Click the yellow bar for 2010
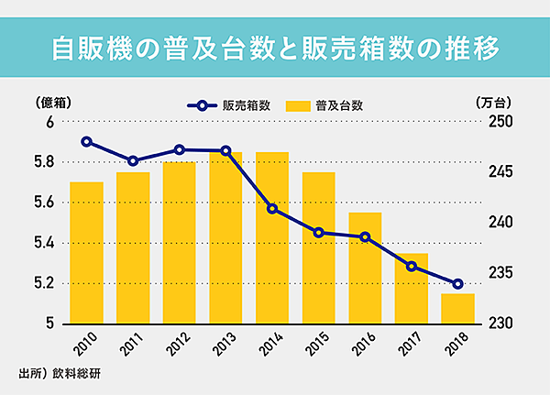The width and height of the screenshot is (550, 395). [86, 253]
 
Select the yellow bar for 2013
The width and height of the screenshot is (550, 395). [225, 238]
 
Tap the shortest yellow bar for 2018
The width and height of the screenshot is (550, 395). [457, 309]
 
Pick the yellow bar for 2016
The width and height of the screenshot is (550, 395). [365, 269]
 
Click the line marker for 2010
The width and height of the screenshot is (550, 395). [86, 142]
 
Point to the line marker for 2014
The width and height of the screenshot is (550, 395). [272, 209]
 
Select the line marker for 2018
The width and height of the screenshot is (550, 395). [457, 283]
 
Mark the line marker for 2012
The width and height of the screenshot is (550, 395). [180, 149]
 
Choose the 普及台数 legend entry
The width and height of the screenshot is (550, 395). [324, 105]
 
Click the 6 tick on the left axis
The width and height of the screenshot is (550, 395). [51, 122]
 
